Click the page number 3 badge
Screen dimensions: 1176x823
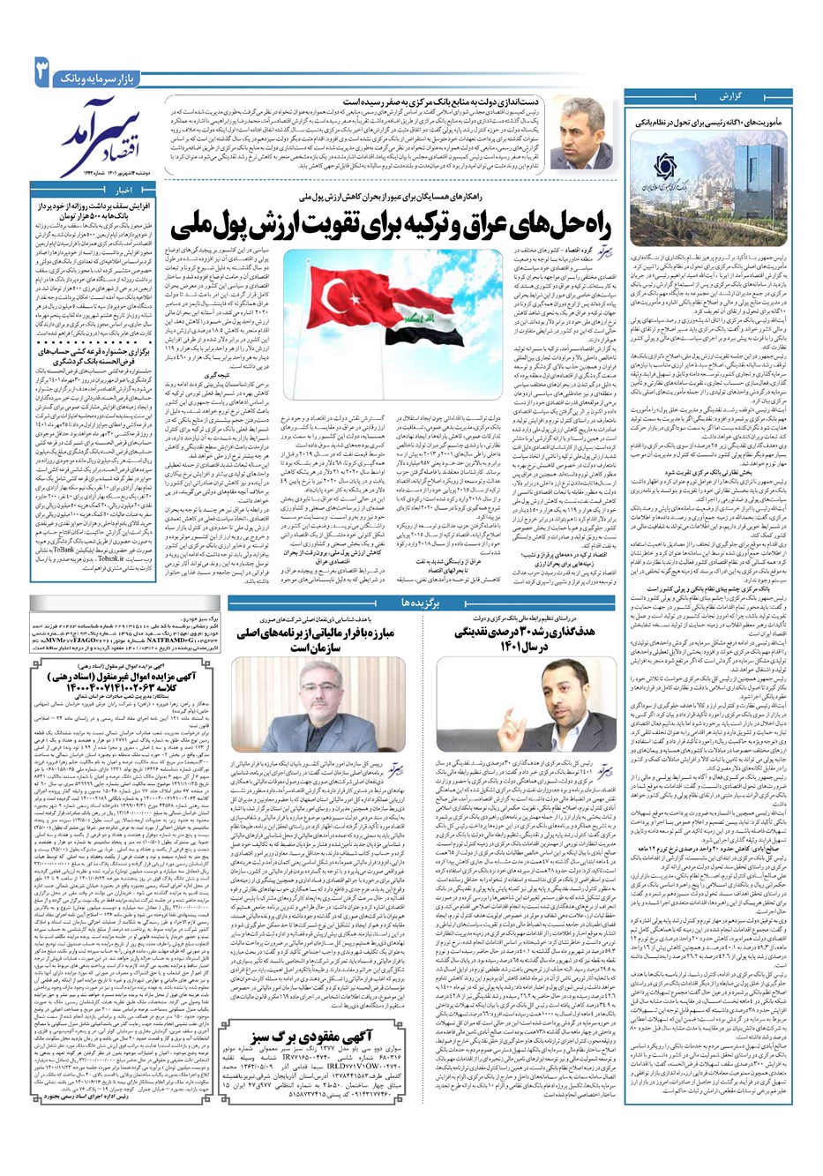click(x=40, y=71)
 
